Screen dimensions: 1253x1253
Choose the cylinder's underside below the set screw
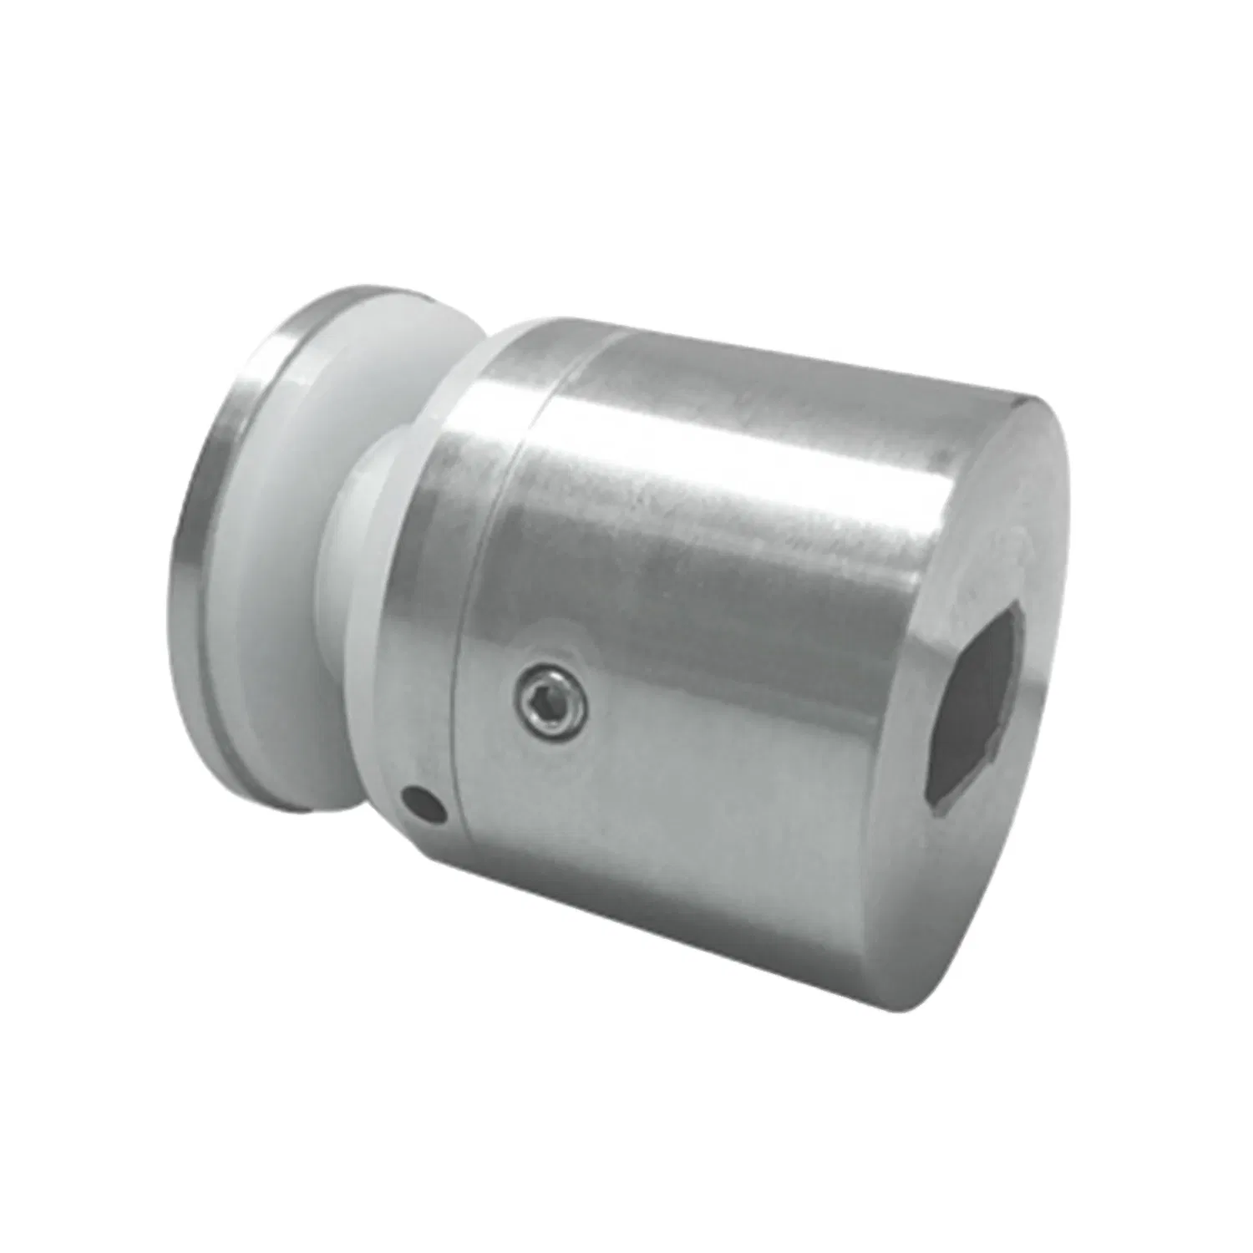pyautogui.click(x=668, y=877)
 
